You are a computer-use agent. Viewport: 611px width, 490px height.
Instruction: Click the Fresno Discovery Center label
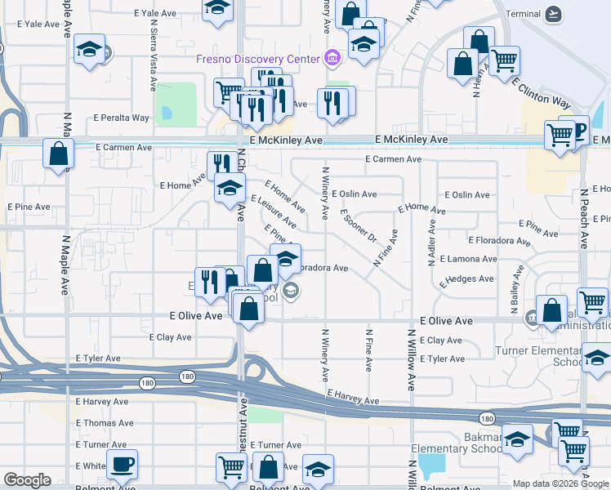coord(258,59)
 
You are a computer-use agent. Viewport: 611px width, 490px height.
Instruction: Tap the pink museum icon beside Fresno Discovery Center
coord(332,58)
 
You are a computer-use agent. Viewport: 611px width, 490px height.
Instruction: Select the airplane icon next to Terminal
coord(555,14)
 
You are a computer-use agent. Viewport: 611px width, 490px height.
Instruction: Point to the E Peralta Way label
coord(122,118)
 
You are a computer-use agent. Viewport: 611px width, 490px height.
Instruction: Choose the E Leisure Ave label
coord(273,211)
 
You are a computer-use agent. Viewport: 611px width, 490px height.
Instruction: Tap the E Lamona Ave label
coord(468,259)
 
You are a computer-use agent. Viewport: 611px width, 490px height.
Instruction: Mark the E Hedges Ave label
coord(466,279)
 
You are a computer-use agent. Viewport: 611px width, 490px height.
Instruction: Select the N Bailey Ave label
coord(514,295)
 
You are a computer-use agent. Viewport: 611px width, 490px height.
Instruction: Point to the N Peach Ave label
coord(583,219)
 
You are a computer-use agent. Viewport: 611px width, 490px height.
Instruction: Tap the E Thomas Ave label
coord(105,423)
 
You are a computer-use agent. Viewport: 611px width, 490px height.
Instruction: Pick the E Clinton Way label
coord(542,92)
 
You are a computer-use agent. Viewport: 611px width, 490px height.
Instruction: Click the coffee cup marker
coord(123,464)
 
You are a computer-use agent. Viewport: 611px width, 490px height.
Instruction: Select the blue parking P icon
coord(579,131)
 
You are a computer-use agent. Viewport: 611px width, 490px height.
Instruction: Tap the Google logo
coord(28,480)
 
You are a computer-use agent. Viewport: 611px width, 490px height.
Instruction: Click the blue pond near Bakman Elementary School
coord(431,466)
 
